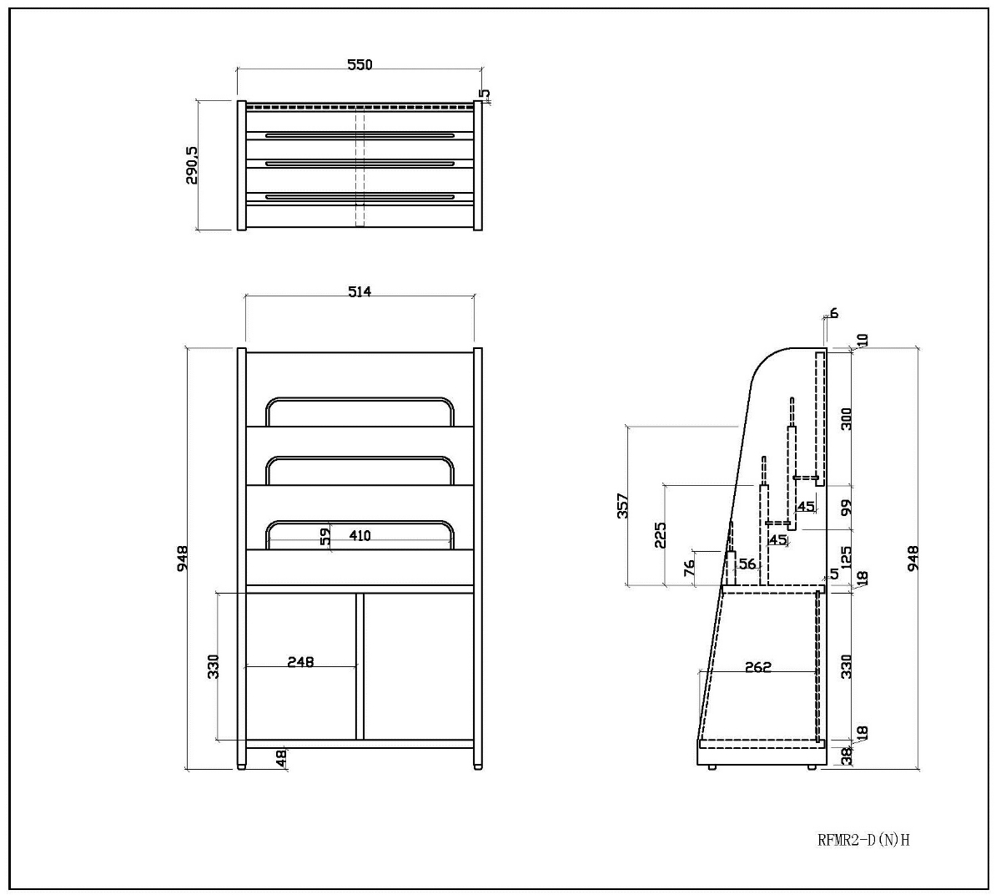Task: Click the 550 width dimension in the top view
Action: coord(360,64)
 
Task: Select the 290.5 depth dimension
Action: coord(192,165)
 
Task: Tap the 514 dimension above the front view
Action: coord(359,291)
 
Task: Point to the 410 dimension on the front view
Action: coord(360,535)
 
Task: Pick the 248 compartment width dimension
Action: coord(300,661)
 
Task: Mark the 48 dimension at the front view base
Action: coord(281,757)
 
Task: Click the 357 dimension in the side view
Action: coord(622,506)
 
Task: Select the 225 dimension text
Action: coord(661,534)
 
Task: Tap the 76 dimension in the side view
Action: coord(689,568)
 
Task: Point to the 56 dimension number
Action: coord(747,564)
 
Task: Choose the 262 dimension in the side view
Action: coord(757,667)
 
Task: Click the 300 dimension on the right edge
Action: coord(847,418)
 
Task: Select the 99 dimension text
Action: coord(847,507)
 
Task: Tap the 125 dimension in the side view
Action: coord(847,558)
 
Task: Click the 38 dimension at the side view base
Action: coord(848,756)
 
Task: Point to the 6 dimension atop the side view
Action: coord(833,314)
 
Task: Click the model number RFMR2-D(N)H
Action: coord(864,840)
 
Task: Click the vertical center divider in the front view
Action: coord(360,666)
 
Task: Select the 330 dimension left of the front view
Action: coord(214,665)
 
